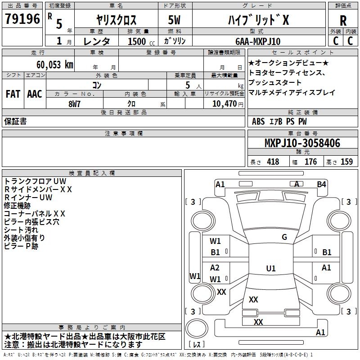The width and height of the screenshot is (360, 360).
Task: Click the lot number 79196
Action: tap(22, 19)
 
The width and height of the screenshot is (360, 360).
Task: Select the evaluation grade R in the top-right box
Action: tap(343, 21)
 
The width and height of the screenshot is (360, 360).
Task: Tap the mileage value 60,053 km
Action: tap(55, 65)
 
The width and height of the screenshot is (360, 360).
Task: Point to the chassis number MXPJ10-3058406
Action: tap(302, 143)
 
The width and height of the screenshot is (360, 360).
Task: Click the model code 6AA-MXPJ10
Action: tap(258, 41)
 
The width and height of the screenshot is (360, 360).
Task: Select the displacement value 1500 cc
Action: tap(141, 41)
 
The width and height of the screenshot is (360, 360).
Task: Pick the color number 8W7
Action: tap(74, 104)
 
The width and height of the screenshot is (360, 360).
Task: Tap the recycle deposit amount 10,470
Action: tap(224, 104)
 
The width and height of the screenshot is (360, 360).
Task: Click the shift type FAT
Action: tap(13, 94)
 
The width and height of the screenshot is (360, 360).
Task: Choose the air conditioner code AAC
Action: tap(35, 94)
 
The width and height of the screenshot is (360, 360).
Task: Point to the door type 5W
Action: tap(174, 20)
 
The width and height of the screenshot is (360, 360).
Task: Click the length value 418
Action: tap(273, 162)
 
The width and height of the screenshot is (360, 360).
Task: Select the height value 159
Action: tap(346, 162)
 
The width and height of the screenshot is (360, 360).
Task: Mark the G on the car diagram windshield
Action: tap(284, 237)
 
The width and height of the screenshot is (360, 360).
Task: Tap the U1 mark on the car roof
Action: tap(271, 268)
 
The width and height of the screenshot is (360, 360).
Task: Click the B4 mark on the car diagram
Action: tap(321, 184)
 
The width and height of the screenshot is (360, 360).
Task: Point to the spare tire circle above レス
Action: tap(197, 329)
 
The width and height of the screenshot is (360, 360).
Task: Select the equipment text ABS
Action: tap(258, 121)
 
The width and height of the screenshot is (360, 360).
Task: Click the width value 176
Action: tap(310, 162)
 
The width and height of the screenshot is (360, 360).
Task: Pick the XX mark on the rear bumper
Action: tap(258, 322)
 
